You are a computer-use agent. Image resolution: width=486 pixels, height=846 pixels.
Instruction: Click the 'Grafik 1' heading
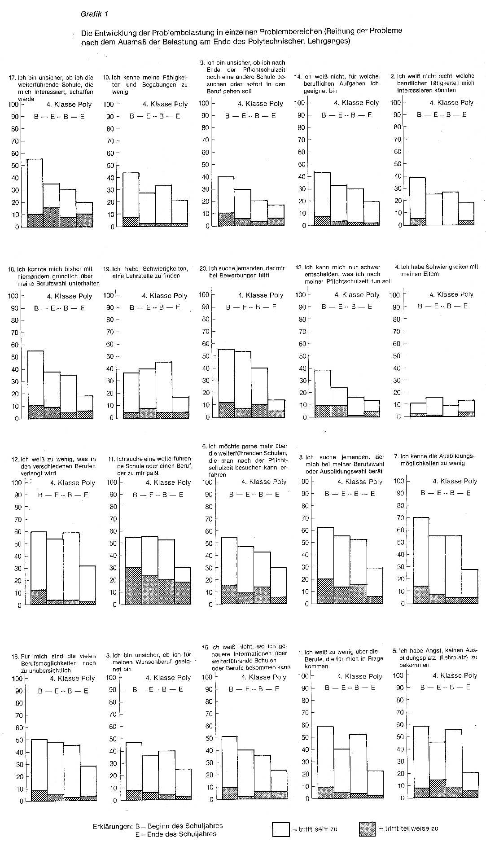click(94, 14)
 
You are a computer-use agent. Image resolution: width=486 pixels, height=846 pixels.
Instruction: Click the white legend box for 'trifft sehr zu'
click(281, 829)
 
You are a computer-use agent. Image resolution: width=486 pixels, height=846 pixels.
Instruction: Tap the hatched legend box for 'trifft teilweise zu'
click(368, 829)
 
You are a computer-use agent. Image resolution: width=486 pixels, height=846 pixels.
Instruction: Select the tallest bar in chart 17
click(35, 193)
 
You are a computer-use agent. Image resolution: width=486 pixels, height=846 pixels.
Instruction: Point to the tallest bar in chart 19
click(164, 390)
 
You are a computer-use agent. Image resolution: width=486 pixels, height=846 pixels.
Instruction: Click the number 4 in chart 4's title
click(397, 267)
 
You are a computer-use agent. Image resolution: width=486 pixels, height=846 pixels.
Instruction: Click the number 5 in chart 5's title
click(394, 650)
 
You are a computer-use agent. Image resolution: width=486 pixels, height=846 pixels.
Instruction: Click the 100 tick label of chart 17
click(13, 104)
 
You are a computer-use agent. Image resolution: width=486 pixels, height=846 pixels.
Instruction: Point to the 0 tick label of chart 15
click(210, 799)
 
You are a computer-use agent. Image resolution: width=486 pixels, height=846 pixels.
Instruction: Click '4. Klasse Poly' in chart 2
click(451, 102)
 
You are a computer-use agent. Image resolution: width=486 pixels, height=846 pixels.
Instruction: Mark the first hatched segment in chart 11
click(134, 586)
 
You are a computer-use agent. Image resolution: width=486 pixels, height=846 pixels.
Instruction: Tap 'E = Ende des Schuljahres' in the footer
click(176, 834)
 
